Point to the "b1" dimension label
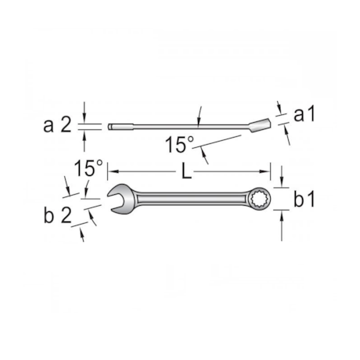[304, 200]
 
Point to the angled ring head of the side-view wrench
[258, 121]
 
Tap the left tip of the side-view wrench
[111, 125]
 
